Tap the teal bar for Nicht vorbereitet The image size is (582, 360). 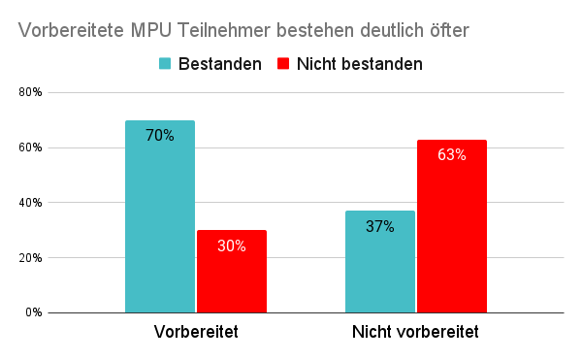380,262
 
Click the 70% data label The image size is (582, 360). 160,136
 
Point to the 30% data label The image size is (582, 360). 232,246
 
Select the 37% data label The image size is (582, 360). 380,227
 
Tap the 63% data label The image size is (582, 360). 452,155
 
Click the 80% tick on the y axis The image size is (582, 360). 30,93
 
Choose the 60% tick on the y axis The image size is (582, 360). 30,148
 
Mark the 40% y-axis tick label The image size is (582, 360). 30,203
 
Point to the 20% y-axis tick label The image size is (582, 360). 30,258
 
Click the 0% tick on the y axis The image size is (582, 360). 33,313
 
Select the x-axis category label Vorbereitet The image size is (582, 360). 196,332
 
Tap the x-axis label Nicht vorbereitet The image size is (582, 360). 416,332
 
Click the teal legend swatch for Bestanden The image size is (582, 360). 165,64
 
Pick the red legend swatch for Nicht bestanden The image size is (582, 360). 283,64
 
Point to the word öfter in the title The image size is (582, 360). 446,31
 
